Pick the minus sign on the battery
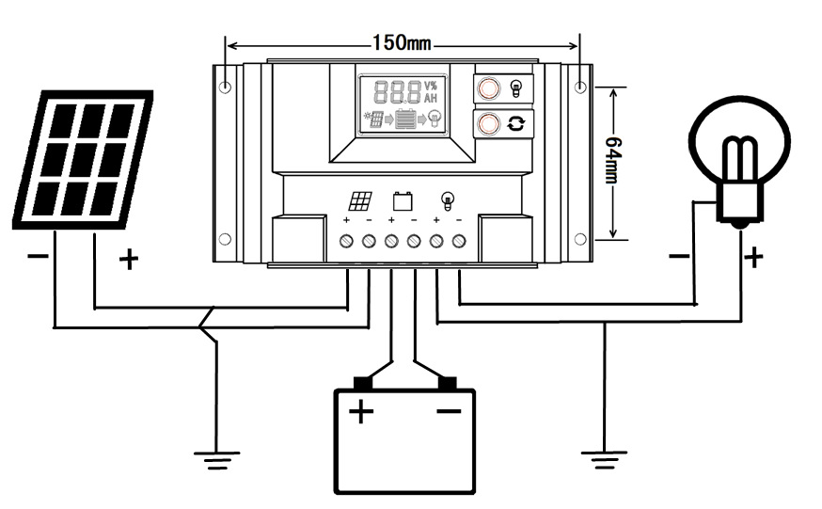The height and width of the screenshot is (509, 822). coord(449,410)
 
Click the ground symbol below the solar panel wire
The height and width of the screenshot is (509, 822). coord(216,458)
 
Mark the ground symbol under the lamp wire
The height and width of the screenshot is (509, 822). coord(603,458)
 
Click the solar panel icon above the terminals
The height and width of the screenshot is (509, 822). coord(360,200)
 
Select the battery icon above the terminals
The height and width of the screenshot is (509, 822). coord(403,200)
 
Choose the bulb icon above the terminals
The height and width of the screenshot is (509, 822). coord(448,200)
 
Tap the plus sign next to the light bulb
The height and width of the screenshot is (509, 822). coord(753,257)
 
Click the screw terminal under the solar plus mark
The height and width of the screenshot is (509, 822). coord(347,242)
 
